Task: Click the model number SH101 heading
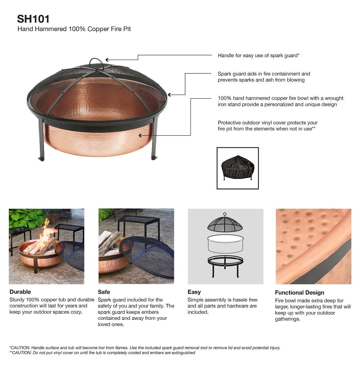33,19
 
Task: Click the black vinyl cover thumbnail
238,168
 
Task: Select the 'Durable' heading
20,292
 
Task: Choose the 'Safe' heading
104,292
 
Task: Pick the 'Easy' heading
194,292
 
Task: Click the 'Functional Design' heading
299,293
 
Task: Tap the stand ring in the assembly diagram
225,261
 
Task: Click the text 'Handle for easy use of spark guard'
258,55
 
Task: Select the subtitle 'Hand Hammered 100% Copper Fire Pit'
74,29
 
